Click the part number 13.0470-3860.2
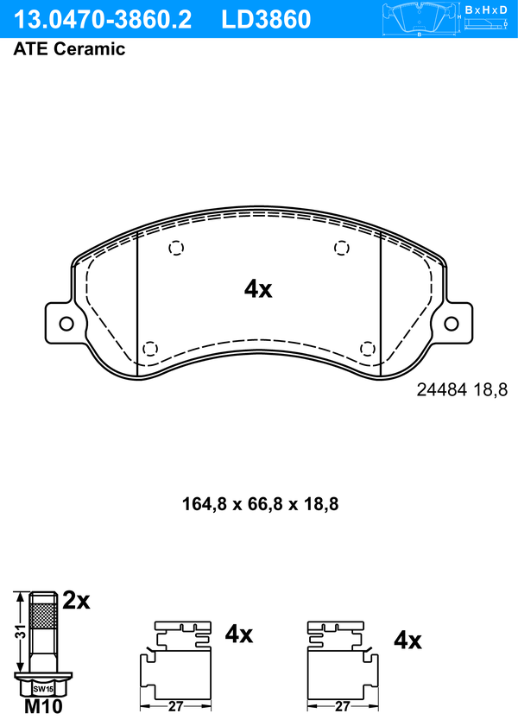click(x=102, y=20)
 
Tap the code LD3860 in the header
click(x=266, y=20)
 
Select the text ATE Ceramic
click(x=69, y=49)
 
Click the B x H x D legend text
click(x=485, y=9)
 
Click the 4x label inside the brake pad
click(x=258, y=289)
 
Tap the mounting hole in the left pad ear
click(x=66, y=324)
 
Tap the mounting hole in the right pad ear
click(x=452, y=324)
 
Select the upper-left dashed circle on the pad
click(x=176, y=248)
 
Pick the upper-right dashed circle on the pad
click(x=342, y=248)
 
